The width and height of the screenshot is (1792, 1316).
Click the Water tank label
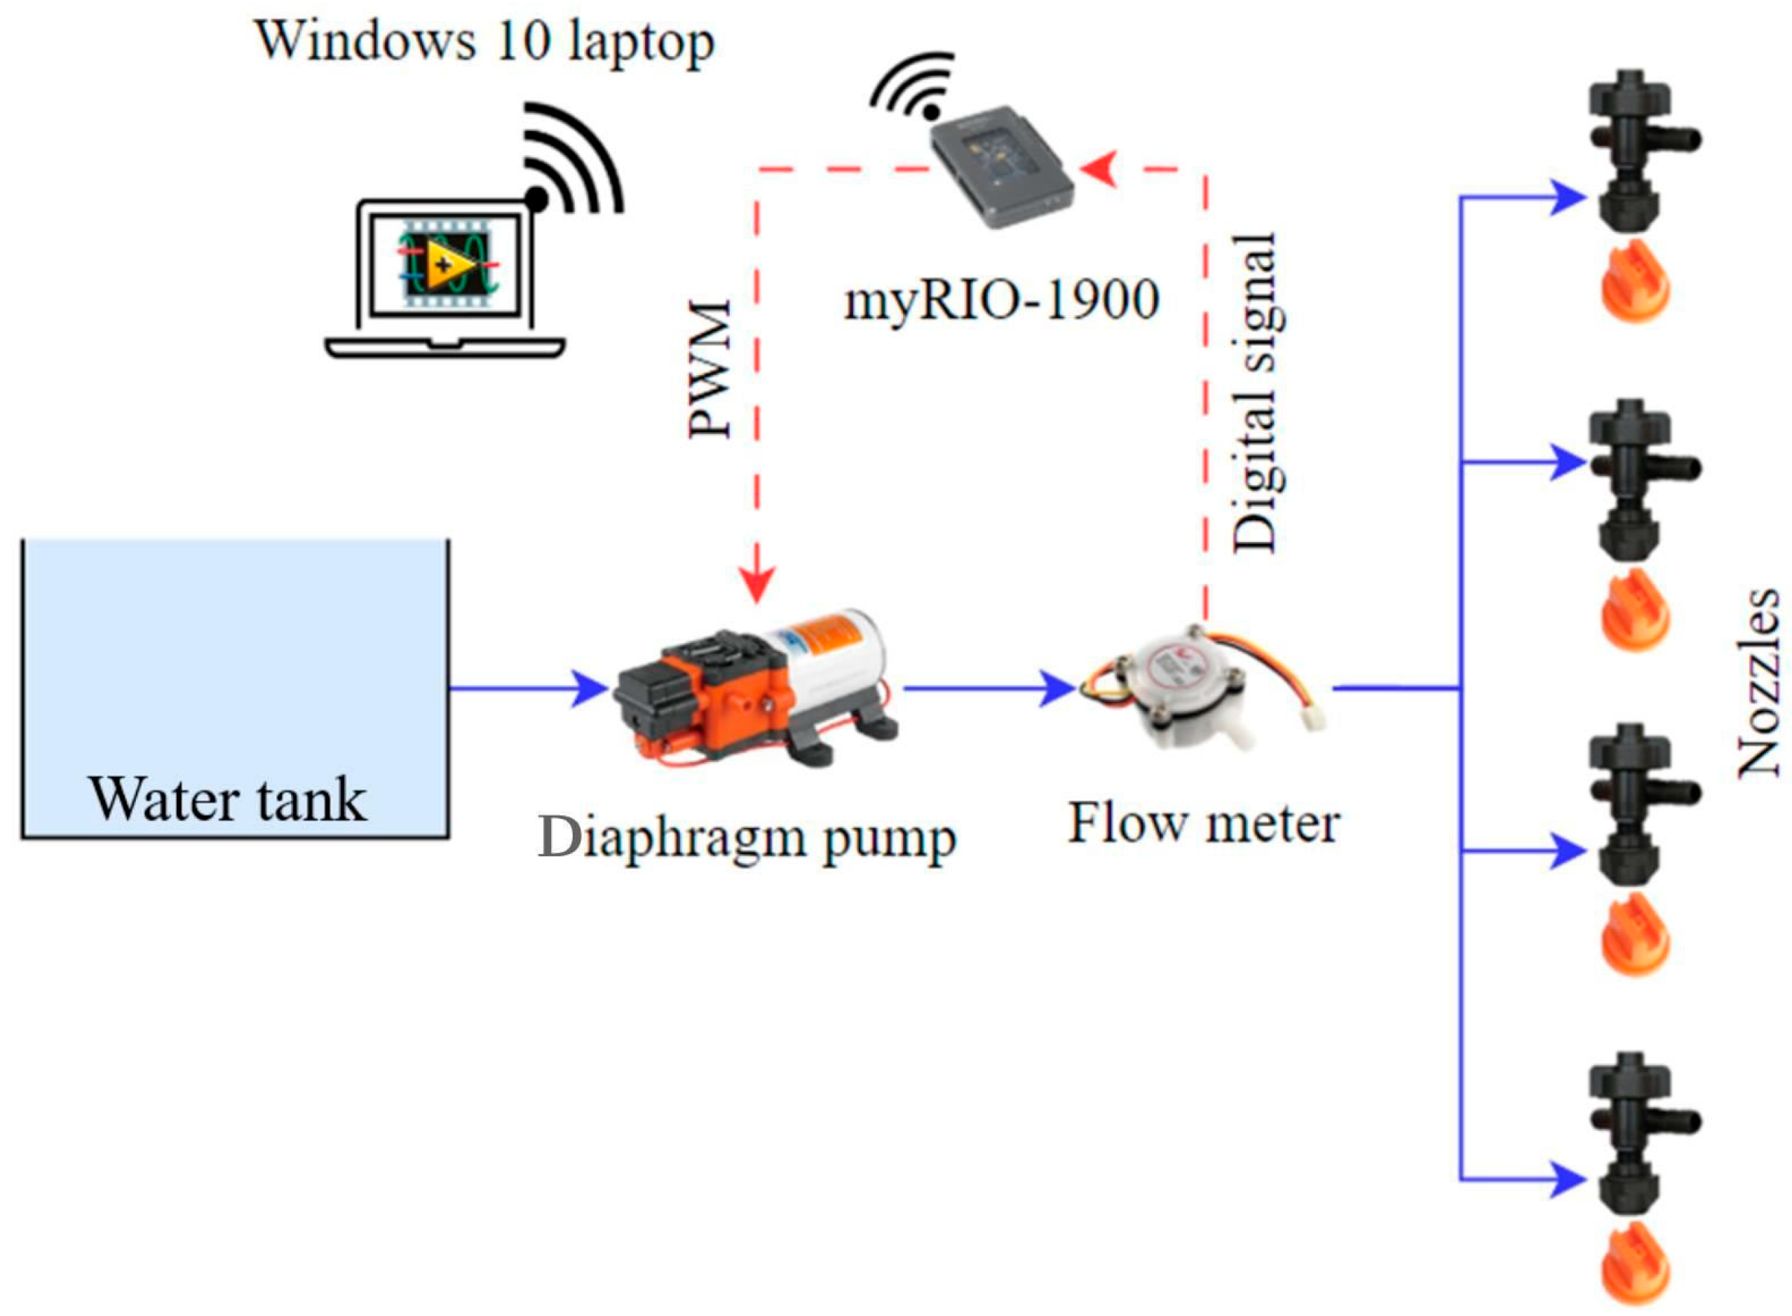point(228,799)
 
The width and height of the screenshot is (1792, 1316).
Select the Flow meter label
point(1202,824)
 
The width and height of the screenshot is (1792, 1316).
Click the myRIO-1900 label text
point(1001,301)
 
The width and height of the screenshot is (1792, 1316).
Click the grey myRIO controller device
point(1002,168)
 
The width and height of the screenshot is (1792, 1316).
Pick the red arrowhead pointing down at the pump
point(756,585)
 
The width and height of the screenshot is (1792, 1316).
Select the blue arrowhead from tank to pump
point(590,688)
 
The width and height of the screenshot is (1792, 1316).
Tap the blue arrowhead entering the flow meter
point(1058,688)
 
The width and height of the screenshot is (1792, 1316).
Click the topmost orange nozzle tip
point(1634,280)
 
